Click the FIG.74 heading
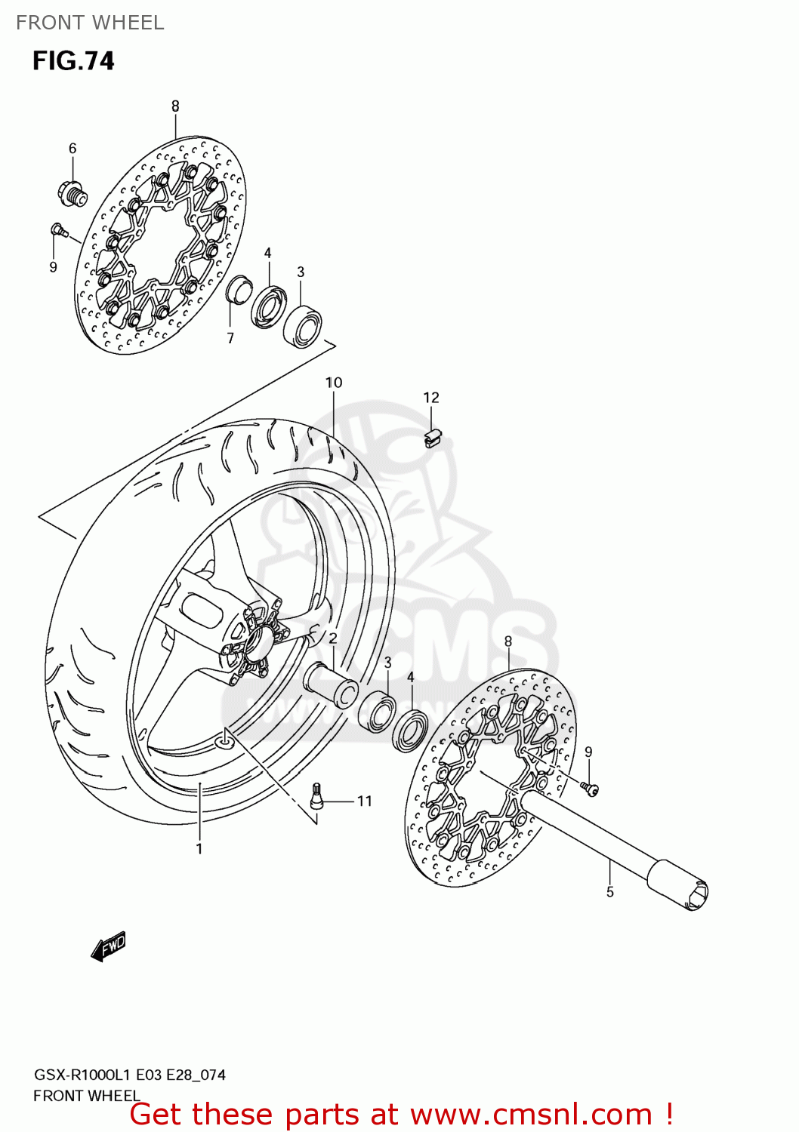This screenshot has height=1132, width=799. [73, 60]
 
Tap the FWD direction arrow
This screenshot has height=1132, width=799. [109, 946]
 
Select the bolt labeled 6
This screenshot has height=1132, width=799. [72, 193]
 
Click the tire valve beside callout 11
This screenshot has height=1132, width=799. [316, 795]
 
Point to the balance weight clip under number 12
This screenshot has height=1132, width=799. [432, 438]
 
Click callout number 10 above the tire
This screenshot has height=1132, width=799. [334, 383]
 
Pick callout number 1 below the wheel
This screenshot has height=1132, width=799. [199, 849]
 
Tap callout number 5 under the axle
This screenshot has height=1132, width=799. [610, 892]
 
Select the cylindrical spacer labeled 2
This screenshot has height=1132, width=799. [331, 684]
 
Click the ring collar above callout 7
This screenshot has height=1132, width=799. [239, 290]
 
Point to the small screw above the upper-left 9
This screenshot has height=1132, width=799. [58, 229]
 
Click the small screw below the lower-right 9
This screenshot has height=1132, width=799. [590, 789]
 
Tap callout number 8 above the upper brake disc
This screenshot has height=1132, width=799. [175, 106]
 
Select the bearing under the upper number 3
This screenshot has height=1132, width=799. [303, 325]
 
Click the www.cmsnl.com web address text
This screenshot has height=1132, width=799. [531, 1114]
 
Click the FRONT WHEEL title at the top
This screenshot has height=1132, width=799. [90, 23]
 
